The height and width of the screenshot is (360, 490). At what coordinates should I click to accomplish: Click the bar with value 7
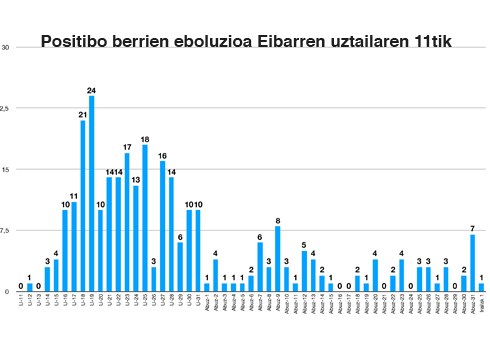(472, 262)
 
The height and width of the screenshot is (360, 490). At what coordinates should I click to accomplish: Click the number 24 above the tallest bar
(92, 89)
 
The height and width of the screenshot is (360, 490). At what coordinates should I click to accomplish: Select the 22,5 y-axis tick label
(6, 108)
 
